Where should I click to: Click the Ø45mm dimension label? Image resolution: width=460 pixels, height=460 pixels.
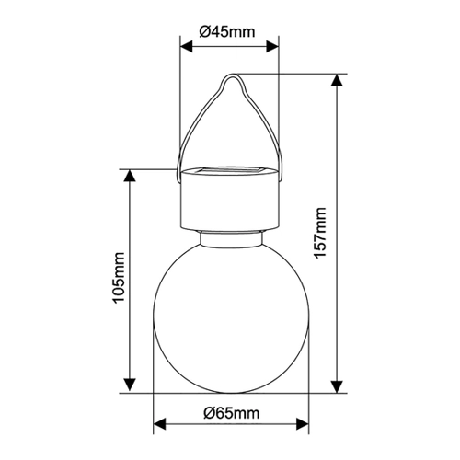pyautogui.click(x=227, y=31)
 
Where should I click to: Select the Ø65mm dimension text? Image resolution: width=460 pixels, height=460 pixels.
pyautogui.click(x=231, y=413)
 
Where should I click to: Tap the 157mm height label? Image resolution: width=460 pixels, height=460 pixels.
pyautogui.click(x=320, y=233)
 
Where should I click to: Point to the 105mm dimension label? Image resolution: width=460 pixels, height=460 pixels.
pyautogui.click(x=119, y=278)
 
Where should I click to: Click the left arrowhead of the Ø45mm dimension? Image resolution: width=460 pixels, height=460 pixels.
pyautogui.click(x=187, y=47)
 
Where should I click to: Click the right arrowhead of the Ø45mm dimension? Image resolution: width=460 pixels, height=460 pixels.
pyautogui.click(x=272, y=47)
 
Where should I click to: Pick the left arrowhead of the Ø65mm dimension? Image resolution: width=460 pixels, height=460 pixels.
pyautogui.click(x=159, y=423)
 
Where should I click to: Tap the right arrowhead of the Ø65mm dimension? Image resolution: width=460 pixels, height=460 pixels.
pyautogui.click(x=303, y=423)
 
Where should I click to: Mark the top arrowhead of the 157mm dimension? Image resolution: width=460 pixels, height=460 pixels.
pyautogui.click(x=337, y=80)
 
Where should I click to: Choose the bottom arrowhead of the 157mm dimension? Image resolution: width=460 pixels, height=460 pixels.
pyautogui.click(x=337, y=386)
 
